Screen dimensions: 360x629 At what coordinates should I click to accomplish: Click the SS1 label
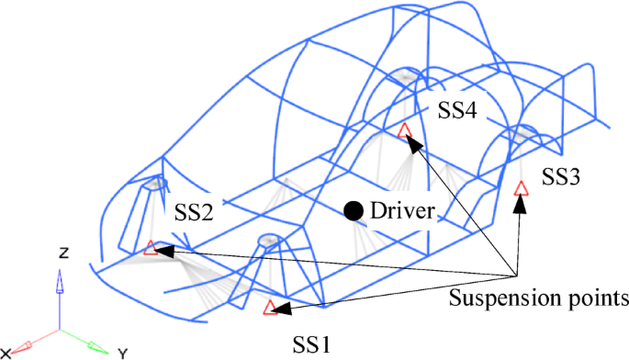(309, 343)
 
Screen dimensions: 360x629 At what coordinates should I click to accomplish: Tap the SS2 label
(194, 212)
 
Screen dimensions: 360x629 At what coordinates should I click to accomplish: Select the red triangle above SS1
(270, 309)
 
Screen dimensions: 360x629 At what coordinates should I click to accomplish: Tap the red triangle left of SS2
(151, 247)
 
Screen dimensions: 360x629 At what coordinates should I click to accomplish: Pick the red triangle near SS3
(521, 188)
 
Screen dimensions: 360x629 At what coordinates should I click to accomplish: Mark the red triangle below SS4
(404, 130)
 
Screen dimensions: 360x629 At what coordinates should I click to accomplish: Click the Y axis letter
(121, 352)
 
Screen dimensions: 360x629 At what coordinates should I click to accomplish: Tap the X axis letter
(6, 353)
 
